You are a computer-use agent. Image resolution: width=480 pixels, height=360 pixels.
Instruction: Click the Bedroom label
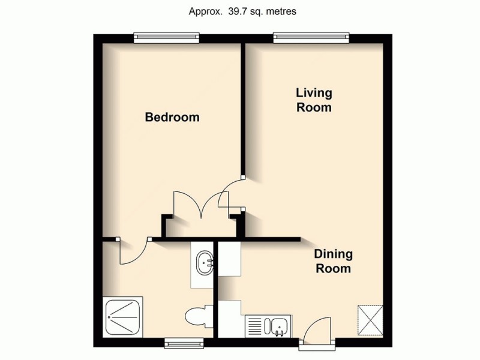point(172,117)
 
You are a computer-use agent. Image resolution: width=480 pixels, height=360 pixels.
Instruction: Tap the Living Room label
point(314,100)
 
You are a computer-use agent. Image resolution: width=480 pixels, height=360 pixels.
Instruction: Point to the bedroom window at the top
point(166,37)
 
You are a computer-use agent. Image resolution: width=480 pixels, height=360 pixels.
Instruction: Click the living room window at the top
point(310,37)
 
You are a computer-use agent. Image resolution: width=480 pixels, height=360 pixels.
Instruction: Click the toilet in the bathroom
point(197,315)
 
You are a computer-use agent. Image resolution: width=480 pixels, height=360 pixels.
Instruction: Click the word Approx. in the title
point(205,11)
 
